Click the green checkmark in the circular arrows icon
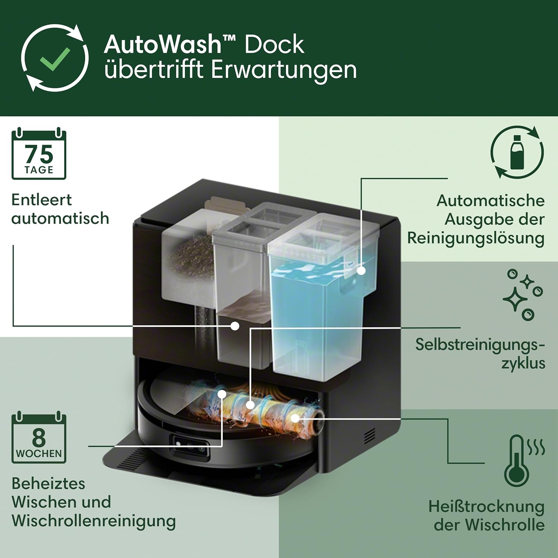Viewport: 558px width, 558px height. click(55, 58)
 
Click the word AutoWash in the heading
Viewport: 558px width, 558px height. click(163, 45)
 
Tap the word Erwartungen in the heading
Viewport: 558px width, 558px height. click(284, 70)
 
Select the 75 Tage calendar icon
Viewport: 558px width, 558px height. click(39, 154)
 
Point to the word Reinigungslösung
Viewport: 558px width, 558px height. click(475, 238)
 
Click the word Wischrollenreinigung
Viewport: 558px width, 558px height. click(94, 520)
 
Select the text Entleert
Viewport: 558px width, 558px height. click(42, 200)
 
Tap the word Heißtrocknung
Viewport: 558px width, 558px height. click(486, 507)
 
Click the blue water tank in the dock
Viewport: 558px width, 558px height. click(316, 316)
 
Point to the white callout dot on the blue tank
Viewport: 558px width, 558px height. click(361, 270)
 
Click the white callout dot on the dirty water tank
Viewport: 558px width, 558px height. click(235, 326)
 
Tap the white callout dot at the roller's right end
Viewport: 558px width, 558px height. click(295, 418)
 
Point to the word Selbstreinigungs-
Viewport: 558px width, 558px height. click(480, 344)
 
